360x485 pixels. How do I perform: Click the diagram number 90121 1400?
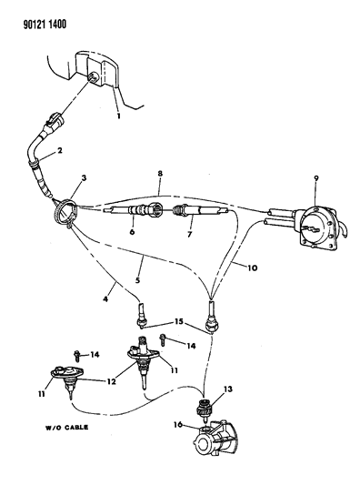coord(45,25)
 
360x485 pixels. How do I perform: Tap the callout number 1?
coord(119,116)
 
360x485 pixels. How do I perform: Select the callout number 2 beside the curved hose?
coord(60,151)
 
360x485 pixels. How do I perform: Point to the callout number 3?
coord(84,178)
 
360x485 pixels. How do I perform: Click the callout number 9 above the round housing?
coord(316,178)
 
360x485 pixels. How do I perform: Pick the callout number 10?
coord(252,268)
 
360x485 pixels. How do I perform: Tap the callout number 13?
coord(228,389)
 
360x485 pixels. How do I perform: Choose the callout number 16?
coord(177,424)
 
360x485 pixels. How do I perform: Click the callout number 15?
coord(178,322)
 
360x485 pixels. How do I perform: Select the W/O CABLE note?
coord(66,427)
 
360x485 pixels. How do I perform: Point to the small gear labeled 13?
coord(203,409)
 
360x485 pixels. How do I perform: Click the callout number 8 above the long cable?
coord(160,174)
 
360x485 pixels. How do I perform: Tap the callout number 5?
coord(138,280)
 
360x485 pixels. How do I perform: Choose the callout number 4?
coord(105,299)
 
